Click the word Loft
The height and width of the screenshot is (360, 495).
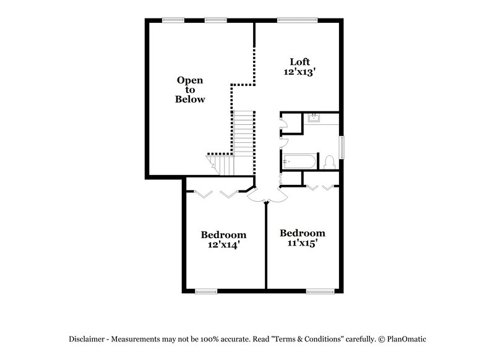coord(300,62)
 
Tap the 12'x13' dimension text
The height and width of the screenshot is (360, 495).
coord(300,72)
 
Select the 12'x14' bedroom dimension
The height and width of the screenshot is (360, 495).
coord(223,245)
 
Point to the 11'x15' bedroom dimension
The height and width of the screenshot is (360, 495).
coord(302,243)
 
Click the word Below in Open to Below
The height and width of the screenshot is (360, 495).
coord(190,99)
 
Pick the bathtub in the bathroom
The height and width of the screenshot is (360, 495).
coord(299,162)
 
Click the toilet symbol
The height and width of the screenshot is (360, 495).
coord(329,163)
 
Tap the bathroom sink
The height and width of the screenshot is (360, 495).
coord(313,118)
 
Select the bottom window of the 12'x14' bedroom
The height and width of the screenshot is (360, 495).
coord(206,291)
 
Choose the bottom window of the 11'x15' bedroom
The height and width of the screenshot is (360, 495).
coord(320,291)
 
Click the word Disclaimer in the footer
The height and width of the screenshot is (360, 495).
coord(90,339)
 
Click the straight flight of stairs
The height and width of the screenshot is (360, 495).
coord(244,133)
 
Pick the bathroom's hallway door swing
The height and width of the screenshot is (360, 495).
coord(283,142)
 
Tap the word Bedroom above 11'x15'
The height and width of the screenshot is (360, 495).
coord(302,233)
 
